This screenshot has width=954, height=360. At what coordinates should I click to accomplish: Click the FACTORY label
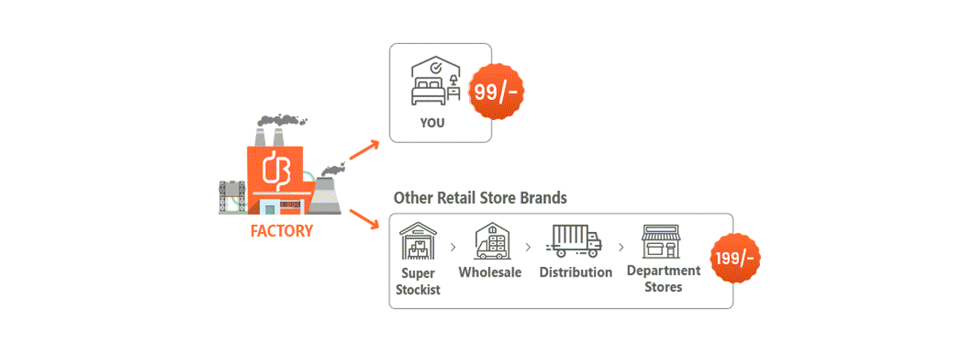(281, 231)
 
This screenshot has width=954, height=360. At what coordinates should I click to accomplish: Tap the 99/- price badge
(496, 91)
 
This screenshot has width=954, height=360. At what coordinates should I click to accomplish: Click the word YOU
(432, 123)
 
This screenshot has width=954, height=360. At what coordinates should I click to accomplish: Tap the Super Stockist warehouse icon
(418, 240)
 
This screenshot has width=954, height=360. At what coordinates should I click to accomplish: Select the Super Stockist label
(418, 281)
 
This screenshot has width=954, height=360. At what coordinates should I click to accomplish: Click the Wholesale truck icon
(491, 240)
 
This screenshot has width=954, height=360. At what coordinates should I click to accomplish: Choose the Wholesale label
(491, 273)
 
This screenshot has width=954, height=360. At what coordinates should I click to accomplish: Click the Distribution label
(576, 273)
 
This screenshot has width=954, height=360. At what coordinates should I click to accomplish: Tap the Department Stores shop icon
(662, 240)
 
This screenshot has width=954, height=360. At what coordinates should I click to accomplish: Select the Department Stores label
(663, 278)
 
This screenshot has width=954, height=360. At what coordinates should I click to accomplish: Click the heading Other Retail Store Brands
(480, 198)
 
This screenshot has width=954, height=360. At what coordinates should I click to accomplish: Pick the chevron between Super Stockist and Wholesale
(453, 247)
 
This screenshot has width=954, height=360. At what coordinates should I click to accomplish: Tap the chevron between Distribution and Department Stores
(621, 247)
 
